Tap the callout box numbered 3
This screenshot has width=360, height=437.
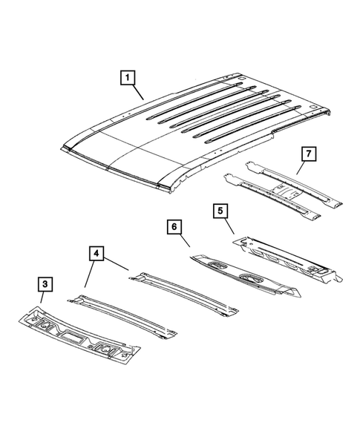pyautogui.click(x=45, y=283)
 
